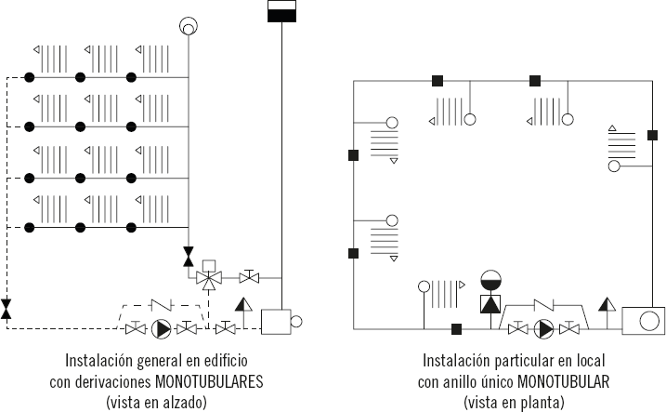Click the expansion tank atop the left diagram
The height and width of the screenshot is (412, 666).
pos(281,11)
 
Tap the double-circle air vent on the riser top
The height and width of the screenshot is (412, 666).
pos(189,26)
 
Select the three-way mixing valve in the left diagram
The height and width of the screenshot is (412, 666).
pos(209,278)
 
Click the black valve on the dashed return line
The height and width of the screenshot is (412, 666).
pos(6,309)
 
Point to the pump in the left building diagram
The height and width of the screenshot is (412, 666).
pos(161,328)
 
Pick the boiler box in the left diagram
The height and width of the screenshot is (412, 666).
pos(276,322)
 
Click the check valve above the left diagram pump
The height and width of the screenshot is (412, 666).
pos(162,305)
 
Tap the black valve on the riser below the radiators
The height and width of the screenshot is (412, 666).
pos(189,257)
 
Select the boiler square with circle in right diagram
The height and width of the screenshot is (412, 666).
pos(643,321)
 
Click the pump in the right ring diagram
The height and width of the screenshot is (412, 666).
pos(543,328)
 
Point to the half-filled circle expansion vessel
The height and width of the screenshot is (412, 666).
pos(491,281)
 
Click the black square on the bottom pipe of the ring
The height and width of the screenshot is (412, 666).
pos(456,329)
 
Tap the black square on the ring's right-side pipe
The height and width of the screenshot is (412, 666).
pos(652,135)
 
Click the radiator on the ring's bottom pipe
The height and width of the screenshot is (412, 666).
pos(442,293)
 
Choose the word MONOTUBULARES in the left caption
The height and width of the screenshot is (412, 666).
pos(209,381)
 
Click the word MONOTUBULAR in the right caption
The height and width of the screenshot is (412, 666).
pos(564,381)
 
